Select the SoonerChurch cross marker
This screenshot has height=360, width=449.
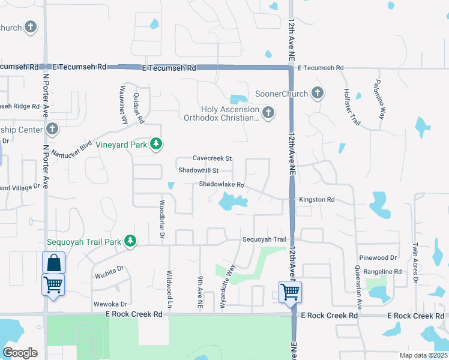[318, 93]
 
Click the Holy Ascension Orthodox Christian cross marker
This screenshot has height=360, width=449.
[268, 112]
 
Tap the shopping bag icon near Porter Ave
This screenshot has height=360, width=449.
[53, 262]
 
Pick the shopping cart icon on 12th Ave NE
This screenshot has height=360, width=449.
[291, 292]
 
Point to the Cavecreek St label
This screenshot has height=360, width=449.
[212, 158]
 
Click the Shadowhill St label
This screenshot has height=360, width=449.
[197, 170]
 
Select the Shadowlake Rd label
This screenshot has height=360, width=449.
[222, 185]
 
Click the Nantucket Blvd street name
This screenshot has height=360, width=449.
[70, 148]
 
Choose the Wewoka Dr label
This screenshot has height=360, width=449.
[110, 304]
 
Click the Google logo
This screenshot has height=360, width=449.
[20, 353]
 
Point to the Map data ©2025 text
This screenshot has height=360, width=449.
[423, 355]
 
